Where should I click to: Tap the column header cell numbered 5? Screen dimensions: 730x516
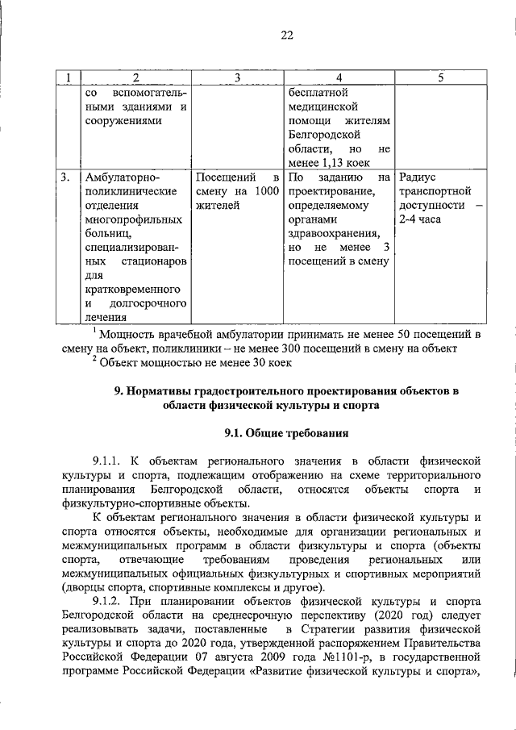pyautogui.click(x=440, y=77)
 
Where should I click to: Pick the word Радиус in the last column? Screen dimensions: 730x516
pyautogui.click(x=418, y=177)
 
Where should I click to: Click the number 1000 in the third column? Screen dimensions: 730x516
pyautogui.click(x=267, y=191)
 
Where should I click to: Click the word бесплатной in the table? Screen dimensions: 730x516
pyautogui.click(x=318, y=91)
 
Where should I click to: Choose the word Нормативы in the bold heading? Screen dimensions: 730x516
pyautogui.click(x=159, y=391)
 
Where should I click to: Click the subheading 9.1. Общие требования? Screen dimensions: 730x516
pyautogui.click(x=286, y=434)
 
